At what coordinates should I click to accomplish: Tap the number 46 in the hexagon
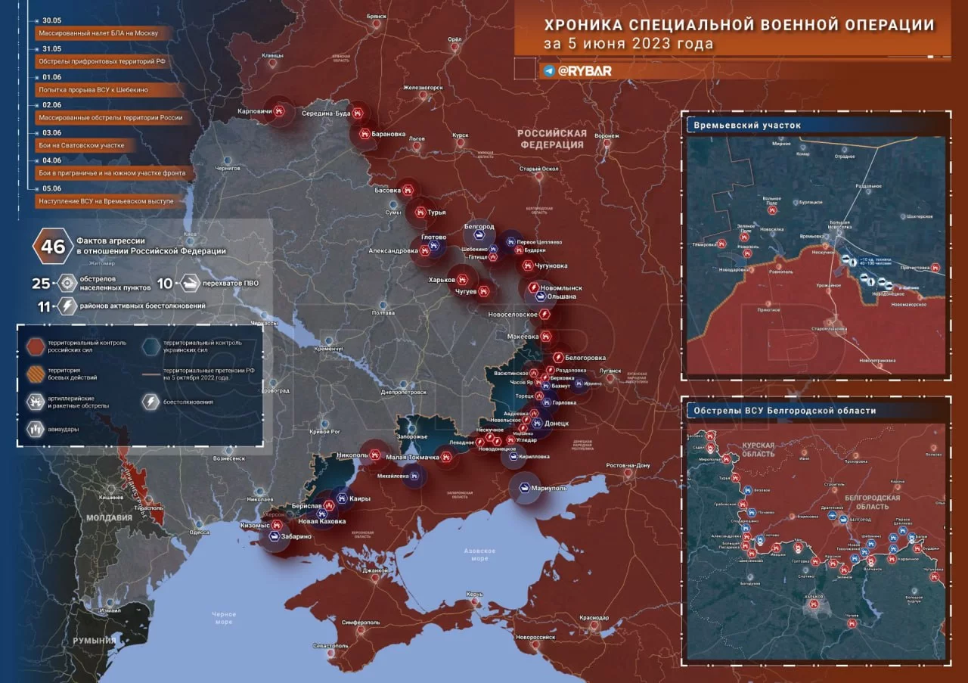tap(53, 247)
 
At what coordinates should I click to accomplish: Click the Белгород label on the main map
tap(479, 226)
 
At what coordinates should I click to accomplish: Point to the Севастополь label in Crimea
tap(330, 646)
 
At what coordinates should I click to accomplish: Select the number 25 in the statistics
tap(40, 284)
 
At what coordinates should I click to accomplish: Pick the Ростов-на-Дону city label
tap(626, 465)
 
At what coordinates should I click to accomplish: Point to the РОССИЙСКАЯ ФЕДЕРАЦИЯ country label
tap(551, 138)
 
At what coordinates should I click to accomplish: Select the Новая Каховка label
tap(322, 521)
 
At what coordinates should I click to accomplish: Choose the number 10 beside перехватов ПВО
tap(165, 284)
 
